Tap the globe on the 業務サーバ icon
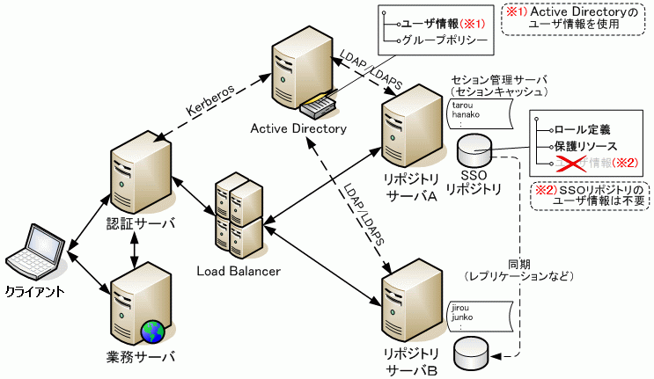151,332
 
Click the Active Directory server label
298,129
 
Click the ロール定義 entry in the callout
582,128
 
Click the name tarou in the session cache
461,105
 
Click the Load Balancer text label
239,272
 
